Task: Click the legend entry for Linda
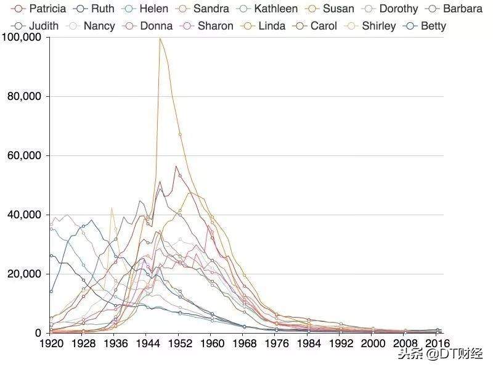pos(272,26)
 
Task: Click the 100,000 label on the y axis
pos(22,37)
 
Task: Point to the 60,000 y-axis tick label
pos(24,155)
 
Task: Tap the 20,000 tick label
pos(24,274)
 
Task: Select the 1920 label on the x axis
pos(51,343)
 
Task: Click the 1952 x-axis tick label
pos(179,343)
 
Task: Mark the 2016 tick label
pos(436,343)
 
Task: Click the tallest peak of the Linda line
pos(160,39)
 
